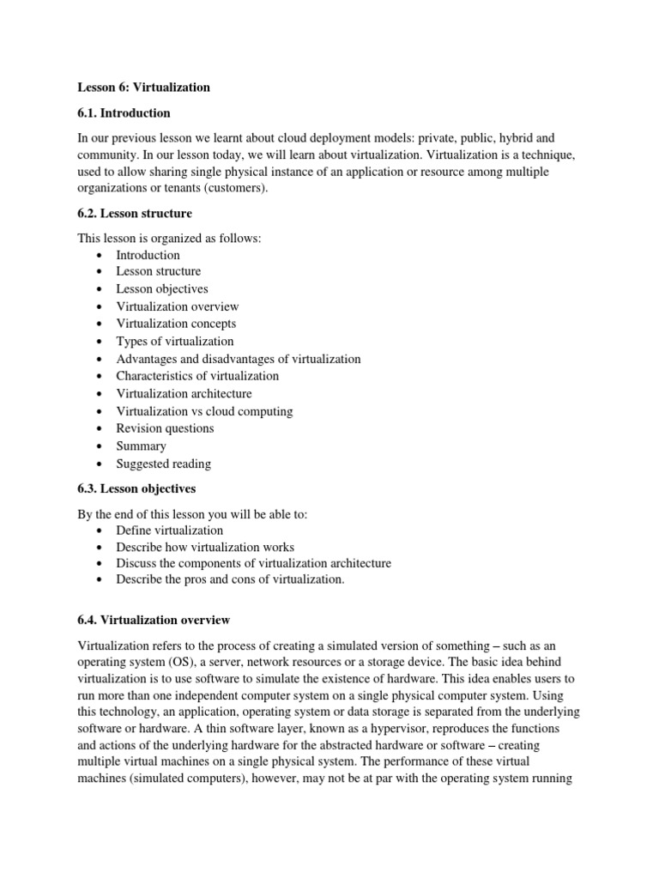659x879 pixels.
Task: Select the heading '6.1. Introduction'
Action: tap(124, 113)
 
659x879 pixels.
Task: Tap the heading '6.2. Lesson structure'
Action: tap(136, 214)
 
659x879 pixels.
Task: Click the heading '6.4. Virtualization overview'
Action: tap(154, 620)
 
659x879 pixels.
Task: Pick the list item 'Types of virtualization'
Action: tap(174, 342)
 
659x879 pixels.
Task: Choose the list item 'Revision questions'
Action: tap(165, 428)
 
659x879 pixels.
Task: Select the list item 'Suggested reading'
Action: tap(163, 464)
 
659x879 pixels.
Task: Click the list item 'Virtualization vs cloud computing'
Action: tap(204, 411)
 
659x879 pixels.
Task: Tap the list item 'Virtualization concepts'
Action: tap(176, 324)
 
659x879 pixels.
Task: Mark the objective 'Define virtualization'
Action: tap(169, 530)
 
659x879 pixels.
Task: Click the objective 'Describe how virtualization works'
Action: tap(205, 547)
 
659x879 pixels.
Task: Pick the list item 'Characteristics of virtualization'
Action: tap(197, 376)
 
